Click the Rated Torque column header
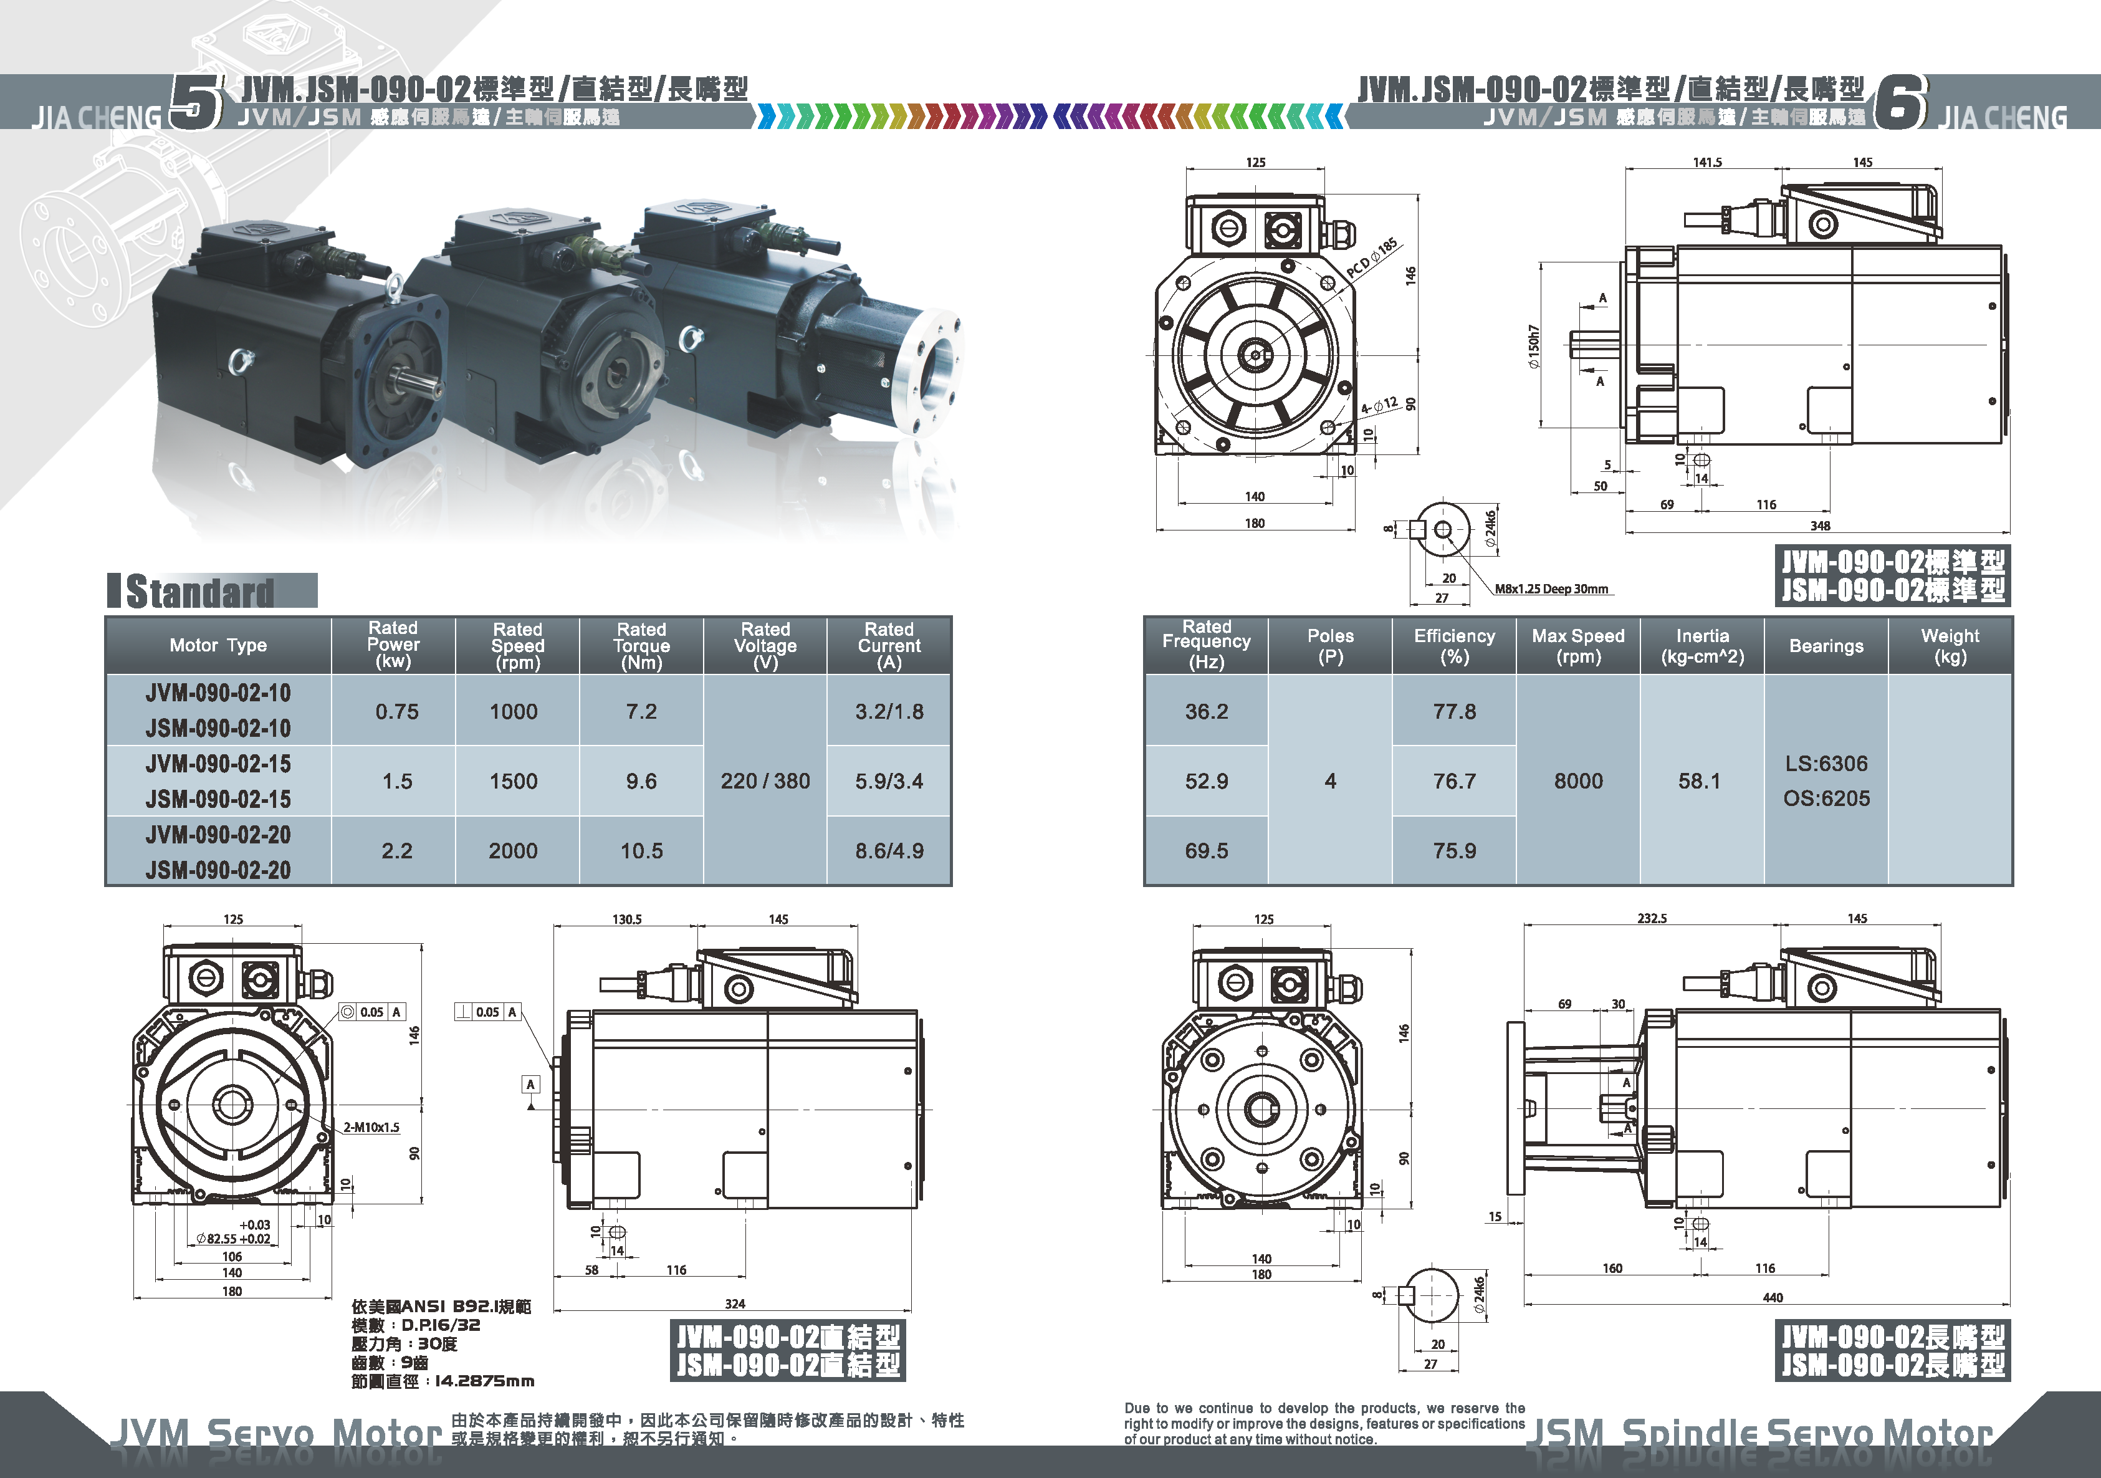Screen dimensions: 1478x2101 [641, 645]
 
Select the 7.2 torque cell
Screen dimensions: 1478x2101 [641, 711]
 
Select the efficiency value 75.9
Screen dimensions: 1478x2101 [1454, 850]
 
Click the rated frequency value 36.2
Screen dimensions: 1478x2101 [1206, 711]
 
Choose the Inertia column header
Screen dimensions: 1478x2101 [1702, 645]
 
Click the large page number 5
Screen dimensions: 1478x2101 [196, 102]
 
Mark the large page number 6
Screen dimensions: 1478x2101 [1900, 102]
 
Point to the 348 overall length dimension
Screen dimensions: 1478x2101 [1820, 525]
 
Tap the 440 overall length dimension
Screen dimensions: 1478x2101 [1773, 1297]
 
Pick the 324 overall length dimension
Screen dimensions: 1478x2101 [735, 1303]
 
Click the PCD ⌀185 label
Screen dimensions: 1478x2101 [1372, 258]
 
